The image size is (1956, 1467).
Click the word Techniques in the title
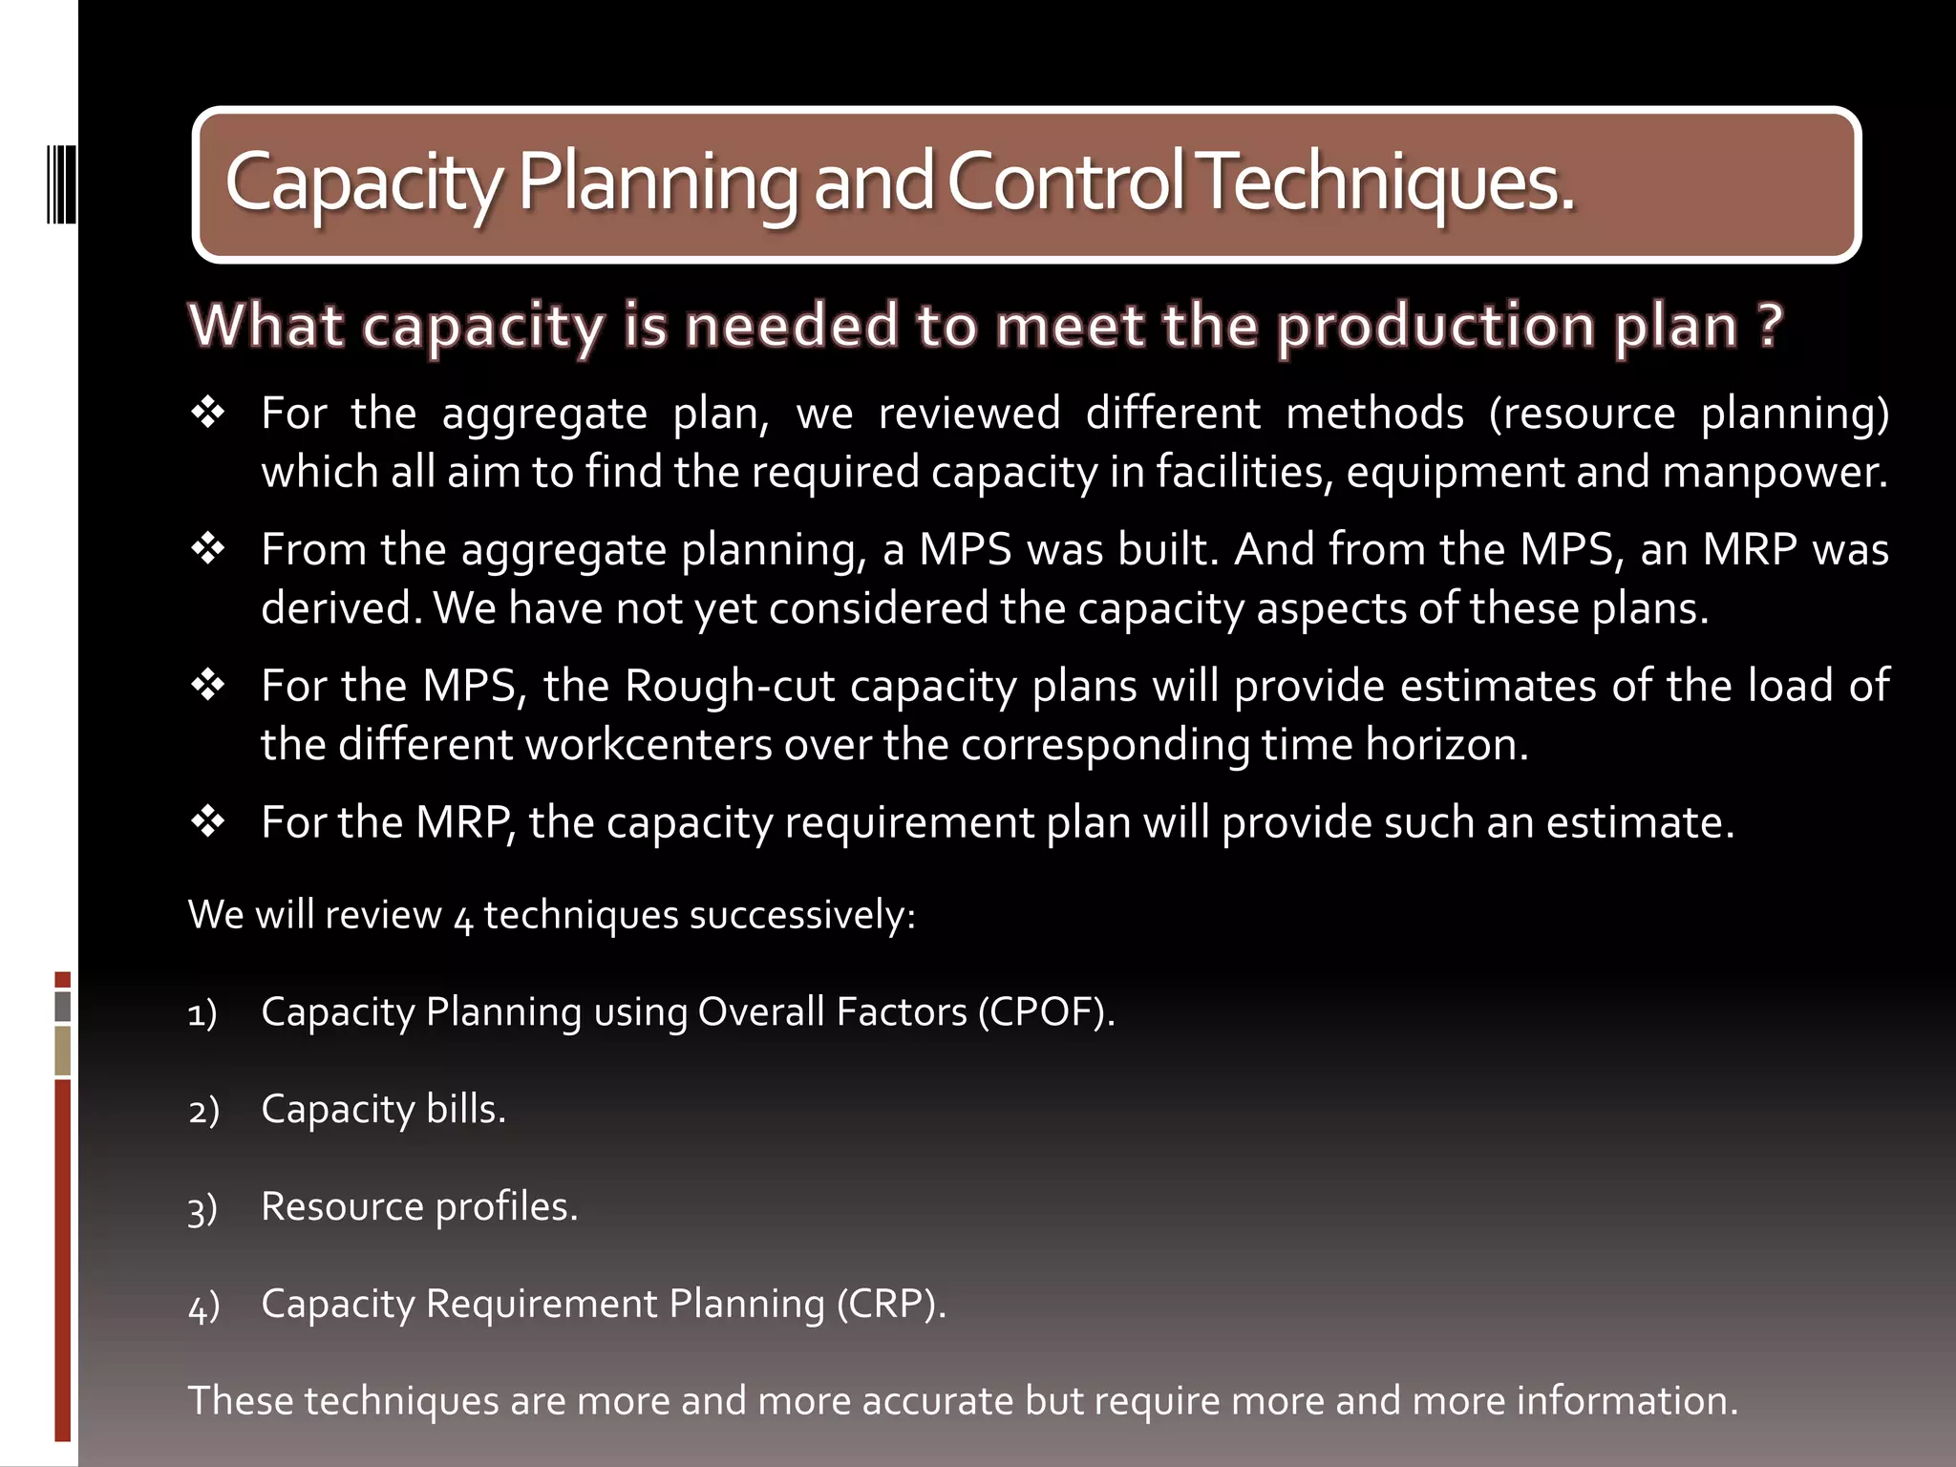pos(1387,182)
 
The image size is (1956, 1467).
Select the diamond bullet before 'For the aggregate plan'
pos(207,413)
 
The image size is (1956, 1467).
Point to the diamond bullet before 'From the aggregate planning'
pos(207,549)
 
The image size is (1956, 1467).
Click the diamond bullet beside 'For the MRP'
pos(207,821)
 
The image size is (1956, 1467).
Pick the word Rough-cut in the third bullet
pos(731,686)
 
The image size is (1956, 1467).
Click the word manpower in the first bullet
pos(1773,473)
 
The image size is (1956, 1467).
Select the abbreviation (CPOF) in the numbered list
pos(1045,1012)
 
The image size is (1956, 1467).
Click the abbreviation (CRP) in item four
pos(890,1304)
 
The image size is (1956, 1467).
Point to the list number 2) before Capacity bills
pos(203,1111)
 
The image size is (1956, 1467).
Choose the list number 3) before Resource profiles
pos(202,1209)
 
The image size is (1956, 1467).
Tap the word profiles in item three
pos(505,1207)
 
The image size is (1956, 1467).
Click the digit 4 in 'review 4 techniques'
pos(463,919)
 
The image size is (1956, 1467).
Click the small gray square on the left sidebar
pos(63,1007)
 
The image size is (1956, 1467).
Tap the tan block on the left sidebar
pos(63,1051)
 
